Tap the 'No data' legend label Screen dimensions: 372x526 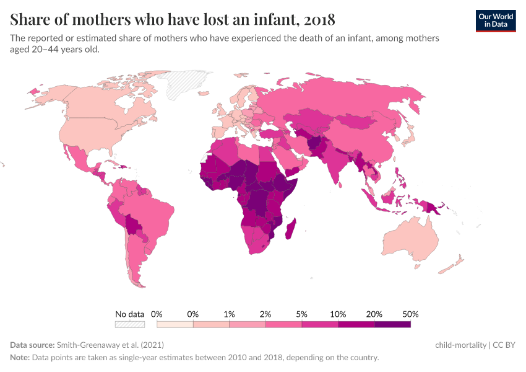coord(129,314)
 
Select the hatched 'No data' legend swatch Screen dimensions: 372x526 coord(129,324)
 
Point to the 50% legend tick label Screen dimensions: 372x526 coord(411,314)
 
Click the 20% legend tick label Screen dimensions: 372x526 coord(374,314)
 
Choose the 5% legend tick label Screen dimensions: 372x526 coord(302,314)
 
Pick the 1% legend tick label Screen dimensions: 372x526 coord(229,314)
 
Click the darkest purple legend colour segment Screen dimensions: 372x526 coord(392,324)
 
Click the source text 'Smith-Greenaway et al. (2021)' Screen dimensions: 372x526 coord(110,345)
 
